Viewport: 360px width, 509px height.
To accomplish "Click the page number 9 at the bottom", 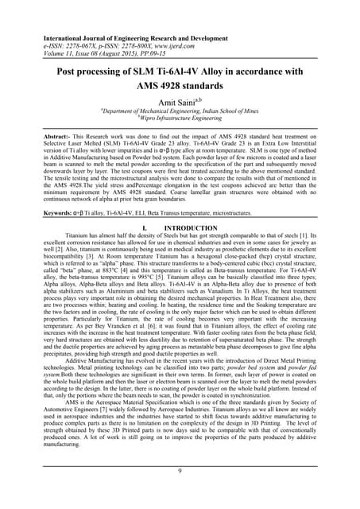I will (180, 470).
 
